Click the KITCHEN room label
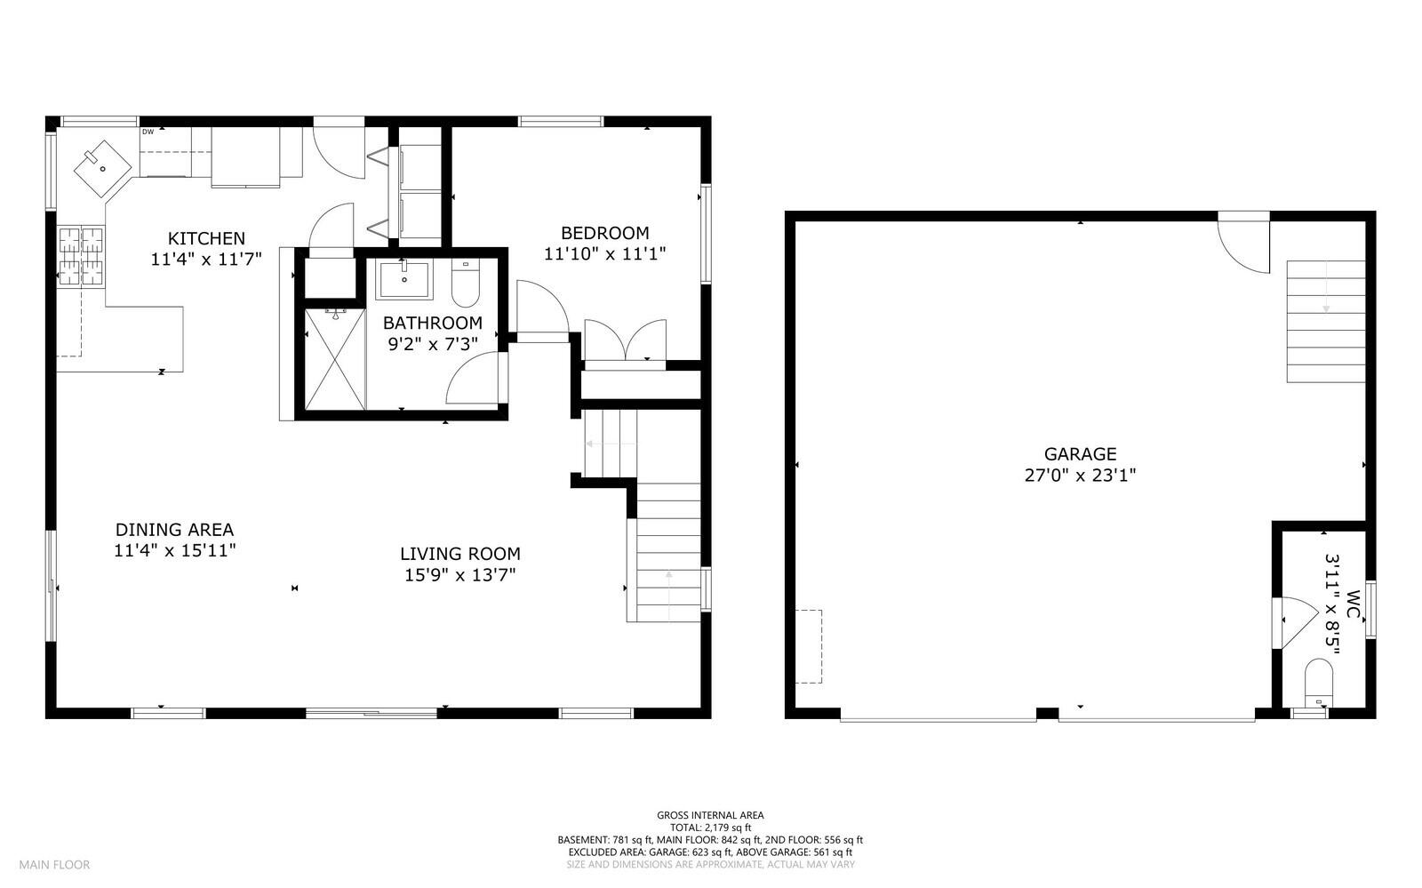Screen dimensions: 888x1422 pyautogui.click(x=206, y=238)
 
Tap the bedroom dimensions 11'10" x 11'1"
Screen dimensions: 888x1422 pyautogui.click(x=604, y=253)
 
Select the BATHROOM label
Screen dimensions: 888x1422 pyautogui.click(x=433, y=323)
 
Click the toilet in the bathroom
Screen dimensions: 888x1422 pyautogui.click(x=466, y=283)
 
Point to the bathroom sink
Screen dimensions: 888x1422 pyautogui.click(x=404, y=279)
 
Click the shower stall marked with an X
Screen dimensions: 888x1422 pyautogui.click(x=335, y=359)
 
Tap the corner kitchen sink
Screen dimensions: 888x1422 pyautogui.click(x=100, y=166)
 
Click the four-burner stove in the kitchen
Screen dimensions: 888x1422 pyautogui.click(x=81, y=257)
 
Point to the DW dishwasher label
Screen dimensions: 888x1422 pyautogui.click(x=148, y=132)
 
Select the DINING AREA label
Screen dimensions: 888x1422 pyautogui.click(x=174, y=530)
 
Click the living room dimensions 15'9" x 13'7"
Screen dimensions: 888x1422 pyautogui.click(x=459, y=575)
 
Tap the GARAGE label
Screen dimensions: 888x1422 pyautogui.click(x=1080, y=454)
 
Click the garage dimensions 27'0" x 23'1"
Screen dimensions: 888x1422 pyautogui.click(x=1080, y=476)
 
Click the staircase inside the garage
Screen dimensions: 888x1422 pyautogui.click(x=1325, y=321)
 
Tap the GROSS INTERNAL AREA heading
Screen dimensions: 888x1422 pyautogui.click(x=710, y=815)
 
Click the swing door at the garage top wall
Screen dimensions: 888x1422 pyautogui.click(x=1242, y=242)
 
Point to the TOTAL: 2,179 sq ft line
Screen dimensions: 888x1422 pyautogui.click(x=710, y=828)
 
